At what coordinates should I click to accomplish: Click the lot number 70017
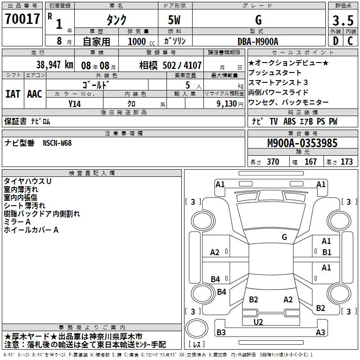pos(22,19)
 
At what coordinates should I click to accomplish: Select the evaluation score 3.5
pos(342,21)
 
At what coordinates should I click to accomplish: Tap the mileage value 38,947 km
pos(54,65)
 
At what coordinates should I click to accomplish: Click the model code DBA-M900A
pos(258,41)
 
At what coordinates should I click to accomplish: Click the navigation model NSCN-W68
pos(57,143)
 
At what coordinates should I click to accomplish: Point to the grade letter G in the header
pos(258,20)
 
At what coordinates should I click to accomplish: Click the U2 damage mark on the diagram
pos(258,322)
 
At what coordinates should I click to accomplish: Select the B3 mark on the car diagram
pos(221,333)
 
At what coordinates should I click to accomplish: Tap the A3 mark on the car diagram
pos(320,333)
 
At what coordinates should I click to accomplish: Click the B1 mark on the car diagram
pos(327,252)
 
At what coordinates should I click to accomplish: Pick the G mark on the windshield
pos(284,237)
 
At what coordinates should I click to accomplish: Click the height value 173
pos(346,162)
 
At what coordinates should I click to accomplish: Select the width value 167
pos(310,162)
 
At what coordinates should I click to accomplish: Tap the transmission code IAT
pos(13,94)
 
